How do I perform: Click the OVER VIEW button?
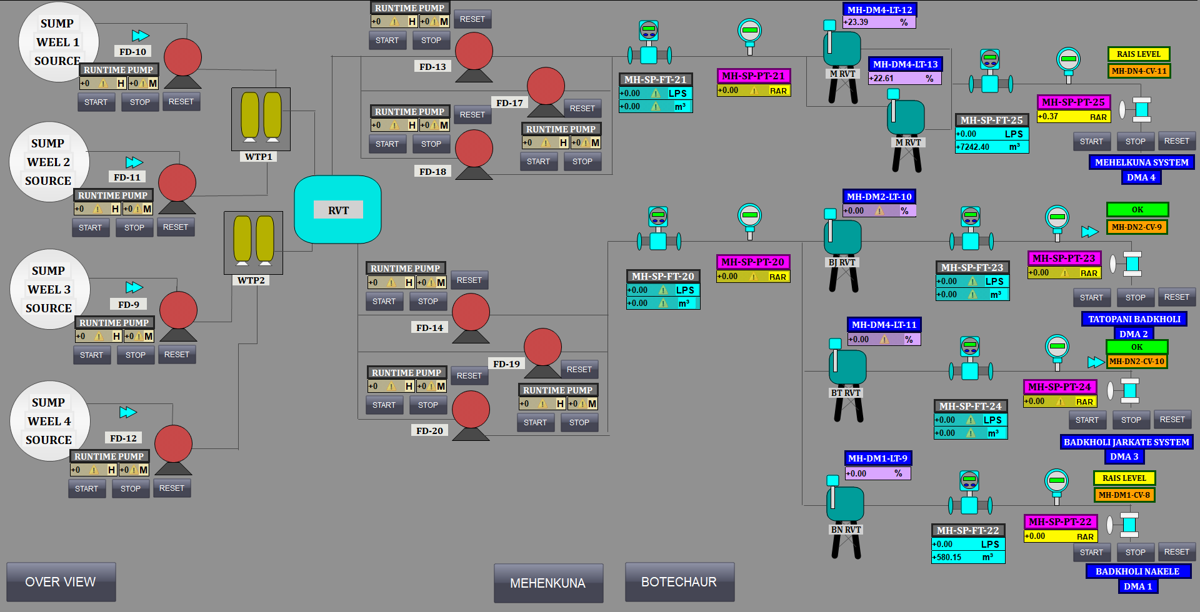61,581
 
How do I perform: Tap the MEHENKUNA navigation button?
548,583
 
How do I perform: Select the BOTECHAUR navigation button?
679,581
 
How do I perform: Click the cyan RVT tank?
337,210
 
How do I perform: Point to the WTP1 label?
259,157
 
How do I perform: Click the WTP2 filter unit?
253,242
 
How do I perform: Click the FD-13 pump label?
432,67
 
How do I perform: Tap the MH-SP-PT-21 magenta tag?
753,76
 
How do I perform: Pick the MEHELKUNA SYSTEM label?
1141,162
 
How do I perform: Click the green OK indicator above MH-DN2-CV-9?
1137,210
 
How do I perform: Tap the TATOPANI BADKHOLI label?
1134,319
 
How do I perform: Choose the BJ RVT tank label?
842,262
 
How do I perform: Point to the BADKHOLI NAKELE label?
1137,571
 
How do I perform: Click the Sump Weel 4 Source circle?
49,421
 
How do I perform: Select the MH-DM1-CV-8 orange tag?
1124,495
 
